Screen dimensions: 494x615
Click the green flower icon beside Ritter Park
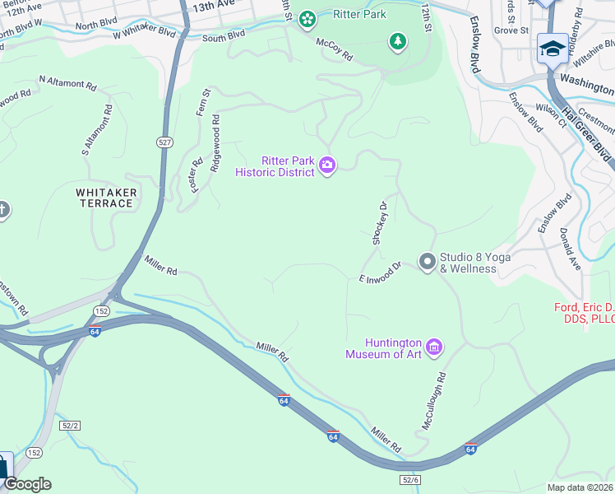(307, 17)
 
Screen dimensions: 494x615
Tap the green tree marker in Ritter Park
(398, 42)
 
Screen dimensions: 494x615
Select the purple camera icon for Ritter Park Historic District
(327, 166)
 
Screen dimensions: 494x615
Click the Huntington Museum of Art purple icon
(435, 348)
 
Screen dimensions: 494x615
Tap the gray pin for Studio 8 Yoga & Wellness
(427, 262)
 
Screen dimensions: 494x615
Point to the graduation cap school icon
(550, 49)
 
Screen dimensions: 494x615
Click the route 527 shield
(165, 142)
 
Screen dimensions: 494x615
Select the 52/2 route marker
(71, 425)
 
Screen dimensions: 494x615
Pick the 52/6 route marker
(410, 479)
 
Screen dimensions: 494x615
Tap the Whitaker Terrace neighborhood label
(106, 198)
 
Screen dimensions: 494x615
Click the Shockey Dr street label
(379, 223)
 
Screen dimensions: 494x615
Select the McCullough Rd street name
(433, 401)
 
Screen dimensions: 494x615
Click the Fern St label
(201, 103)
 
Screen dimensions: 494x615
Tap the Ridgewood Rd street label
(215, 142)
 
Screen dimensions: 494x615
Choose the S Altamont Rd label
(96, 130)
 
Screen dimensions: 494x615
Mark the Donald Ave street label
(569, 249)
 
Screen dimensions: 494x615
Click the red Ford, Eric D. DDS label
(584, 313)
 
